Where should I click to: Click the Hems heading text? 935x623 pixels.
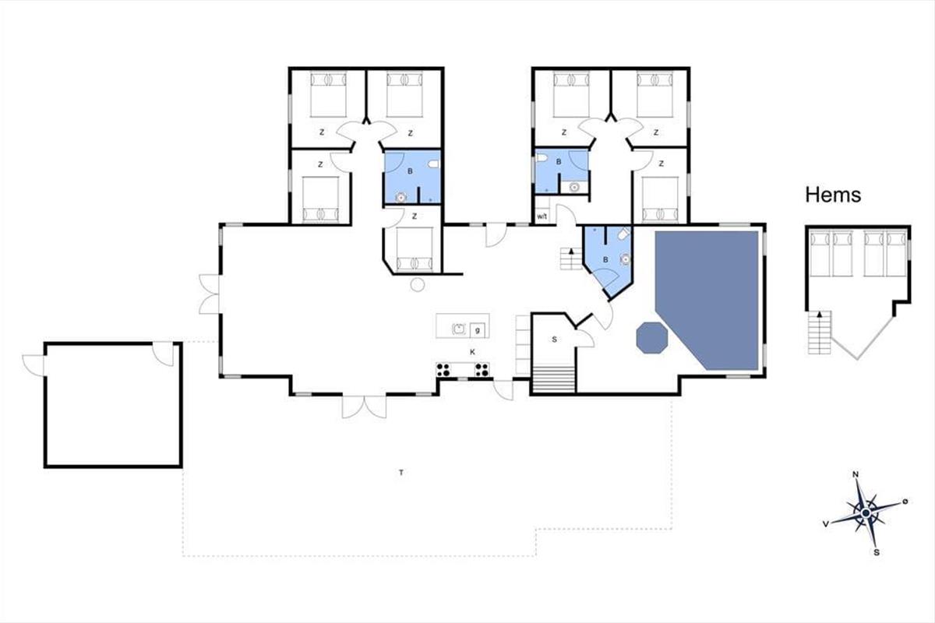pos(833,195)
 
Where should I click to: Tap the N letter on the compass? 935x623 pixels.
pos(856,474)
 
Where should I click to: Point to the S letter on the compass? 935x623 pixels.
pos(877,552)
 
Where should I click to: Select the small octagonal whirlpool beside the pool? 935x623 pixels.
pos(651,337)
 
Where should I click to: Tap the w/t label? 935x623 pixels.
pos(542,216)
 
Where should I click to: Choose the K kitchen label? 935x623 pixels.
pos(472,352)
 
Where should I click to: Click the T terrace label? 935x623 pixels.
pos(401,473)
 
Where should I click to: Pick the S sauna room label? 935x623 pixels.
pos(554,340)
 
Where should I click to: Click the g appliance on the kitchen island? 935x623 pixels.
pos(477,330)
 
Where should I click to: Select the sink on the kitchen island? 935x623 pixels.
pos(459,329)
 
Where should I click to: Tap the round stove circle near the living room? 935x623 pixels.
pos(418,284)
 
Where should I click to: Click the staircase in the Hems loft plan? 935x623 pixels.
pos(820,333)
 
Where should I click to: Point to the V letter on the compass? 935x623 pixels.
pos(825,523)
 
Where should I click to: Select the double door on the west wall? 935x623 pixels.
pos(209,294)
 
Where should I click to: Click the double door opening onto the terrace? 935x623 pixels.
pos(364,406)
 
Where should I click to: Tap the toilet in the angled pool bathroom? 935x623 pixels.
pos(623,234)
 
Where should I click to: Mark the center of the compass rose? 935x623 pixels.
pos(866,513)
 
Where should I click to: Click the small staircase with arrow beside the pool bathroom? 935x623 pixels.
pos(570,259)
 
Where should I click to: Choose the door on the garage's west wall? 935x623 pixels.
pos(33,365)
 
